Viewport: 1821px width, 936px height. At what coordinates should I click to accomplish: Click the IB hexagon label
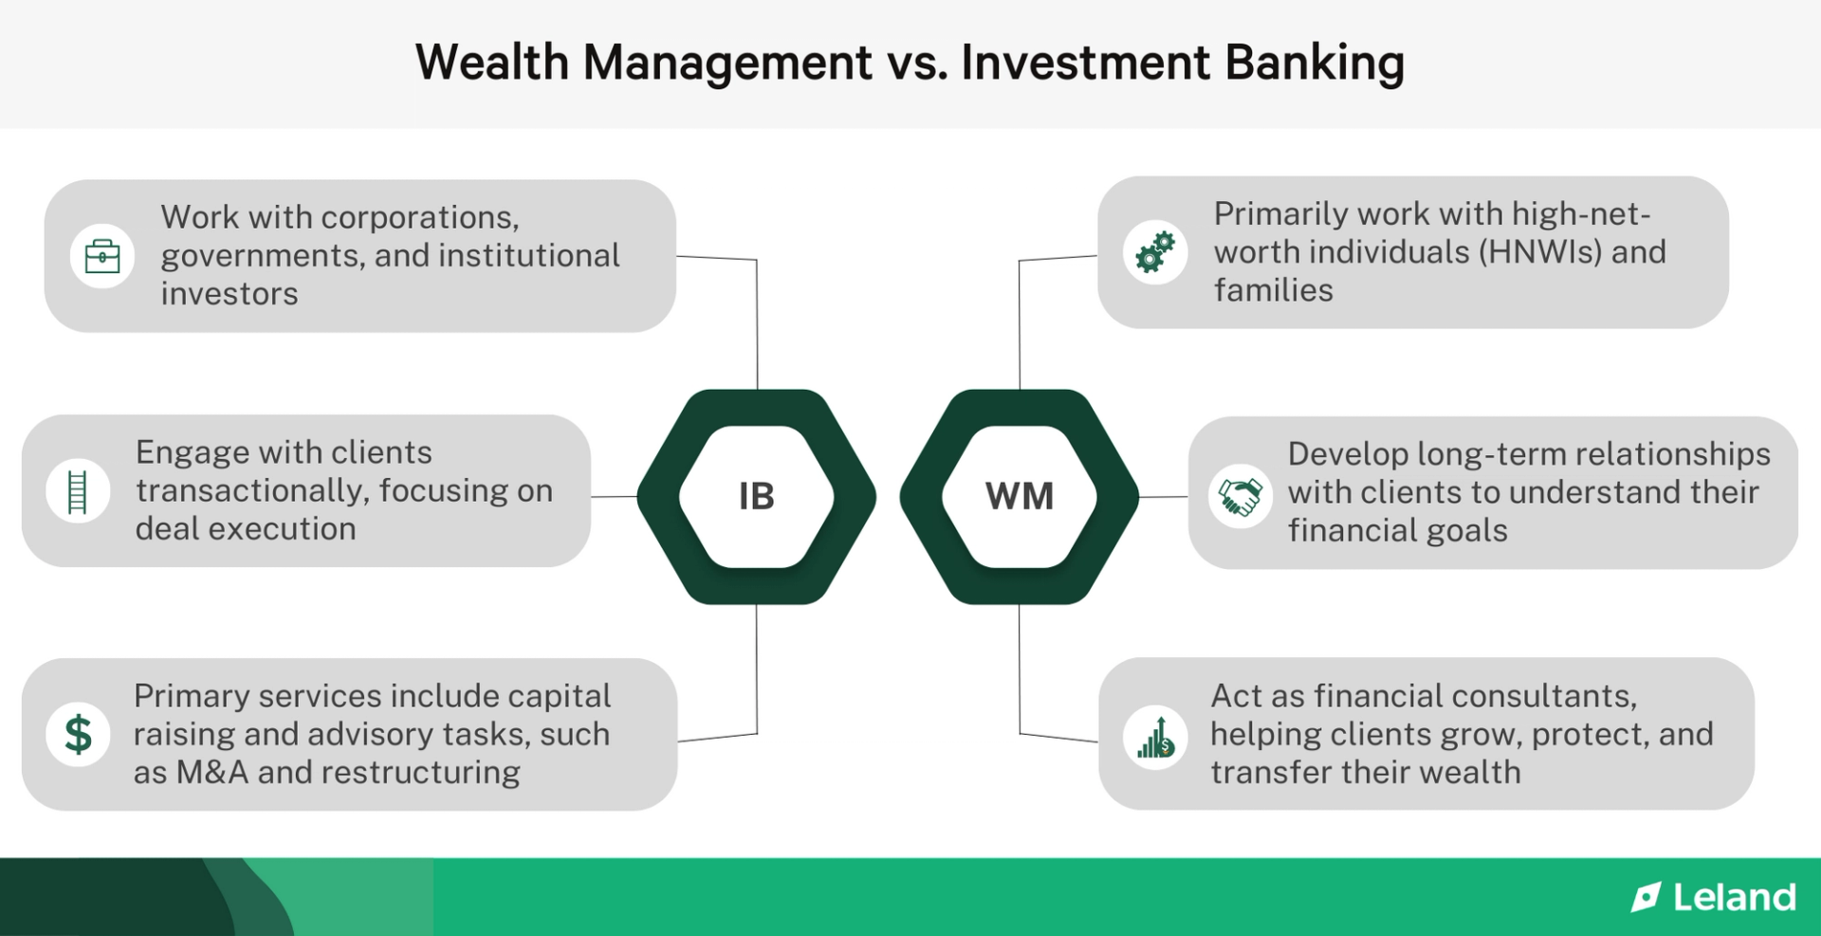[756, 496]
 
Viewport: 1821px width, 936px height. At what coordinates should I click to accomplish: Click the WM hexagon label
[1020, 496]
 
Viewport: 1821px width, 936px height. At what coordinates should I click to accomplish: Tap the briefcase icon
[102, 256]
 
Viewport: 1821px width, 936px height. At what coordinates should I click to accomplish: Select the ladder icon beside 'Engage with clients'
[78, 491]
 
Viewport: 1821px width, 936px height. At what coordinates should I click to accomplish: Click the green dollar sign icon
[78, 735]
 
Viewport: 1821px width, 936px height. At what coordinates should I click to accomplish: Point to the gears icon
[1155, 252]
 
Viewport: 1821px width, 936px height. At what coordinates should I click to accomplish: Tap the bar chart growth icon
[1155, 738]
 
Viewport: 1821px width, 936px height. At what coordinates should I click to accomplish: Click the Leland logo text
[1734, 897]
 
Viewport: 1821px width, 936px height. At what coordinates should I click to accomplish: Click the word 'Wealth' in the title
[491, 63]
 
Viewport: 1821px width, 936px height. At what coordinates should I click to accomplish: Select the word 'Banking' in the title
[1314, 63]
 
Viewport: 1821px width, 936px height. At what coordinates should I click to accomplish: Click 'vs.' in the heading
[916, 63]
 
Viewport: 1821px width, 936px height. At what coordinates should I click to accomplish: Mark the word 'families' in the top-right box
[1273, 290]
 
